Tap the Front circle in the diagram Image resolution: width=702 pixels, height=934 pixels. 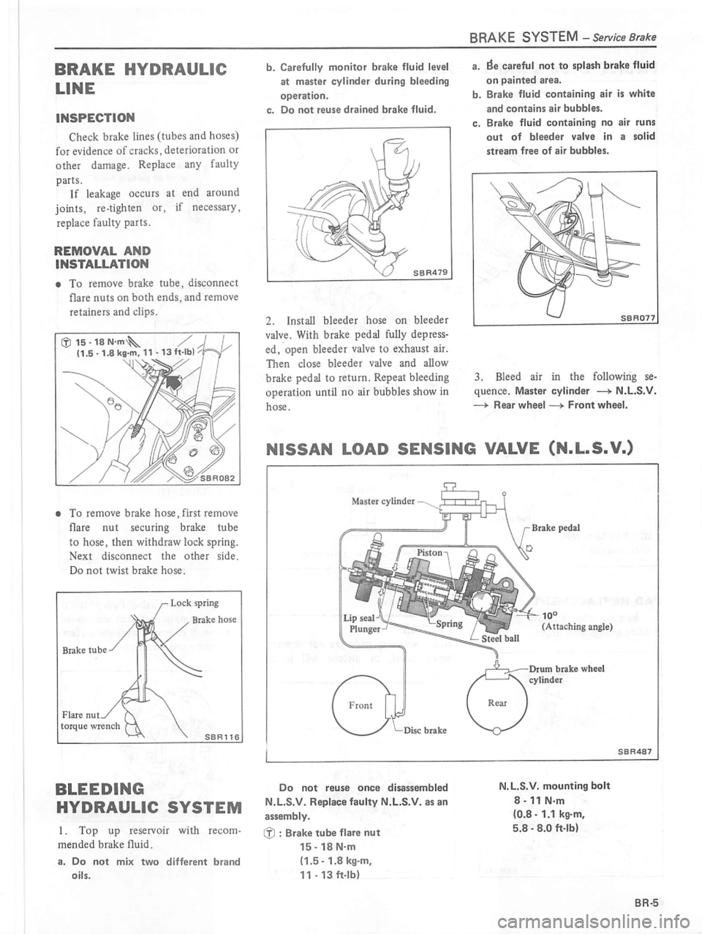(x=361, y=706)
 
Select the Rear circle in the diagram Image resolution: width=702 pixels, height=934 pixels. (x=497, y=703)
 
